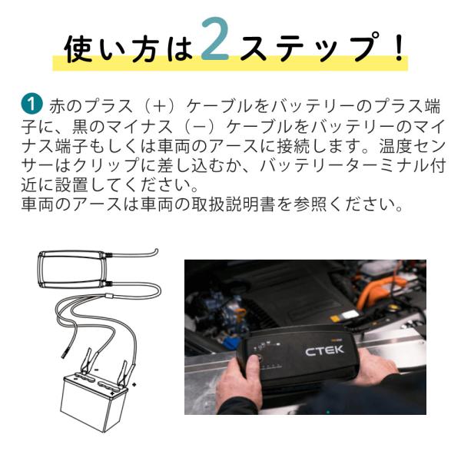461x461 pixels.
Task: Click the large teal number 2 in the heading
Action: pyautogui.click(x=215, y=39)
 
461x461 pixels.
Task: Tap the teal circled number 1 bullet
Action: pyautogui.click(x=32, y=104)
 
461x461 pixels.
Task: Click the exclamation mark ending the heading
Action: pyautogui.click(x=400, y=47)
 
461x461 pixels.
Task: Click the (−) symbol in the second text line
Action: pyautogui.click(x=201, y=127)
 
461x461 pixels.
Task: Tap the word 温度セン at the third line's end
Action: pyautogui.click(x=412, y=146)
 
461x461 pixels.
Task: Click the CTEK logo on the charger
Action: pyautogui.click(x=324, y=350)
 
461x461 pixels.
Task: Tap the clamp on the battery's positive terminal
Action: pyautogui.click(x=126, y=373)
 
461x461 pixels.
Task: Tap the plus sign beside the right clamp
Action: pyautogui.click(x=134, y=385)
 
